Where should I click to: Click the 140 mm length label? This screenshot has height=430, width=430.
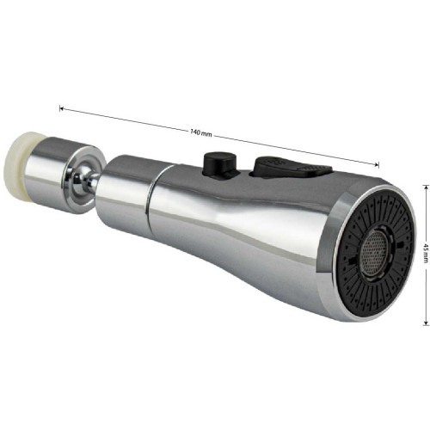[x=201, y=132]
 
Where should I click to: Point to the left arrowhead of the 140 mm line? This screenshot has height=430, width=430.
[x=61, y=108]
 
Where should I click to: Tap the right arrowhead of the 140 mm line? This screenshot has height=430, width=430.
[x=378, y=164]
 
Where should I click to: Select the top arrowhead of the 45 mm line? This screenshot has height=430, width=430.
[x=425, y=187]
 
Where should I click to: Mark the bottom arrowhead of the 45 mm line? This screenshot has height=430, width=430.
[x=425, y=323]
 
